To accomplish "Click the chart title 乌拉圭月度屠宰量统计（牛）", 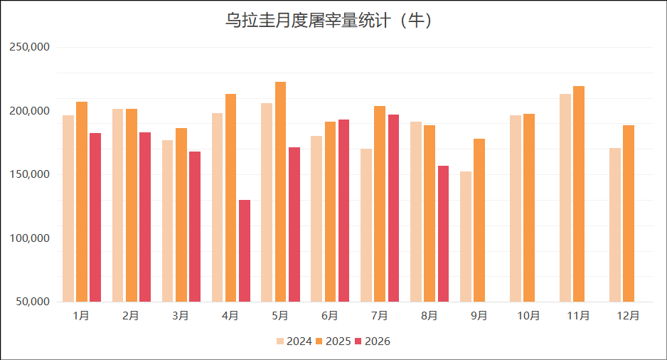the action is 329,21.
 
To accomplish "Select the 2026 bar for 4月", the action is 245,250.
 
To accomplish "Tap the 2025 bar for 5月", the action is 280,192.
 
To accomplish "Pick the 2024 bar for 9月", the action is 465,237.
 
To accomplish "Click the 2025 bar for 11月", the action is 579,194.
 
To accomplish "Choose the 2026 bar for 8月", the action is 443,233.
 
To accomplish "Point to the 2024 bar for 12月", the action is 614,225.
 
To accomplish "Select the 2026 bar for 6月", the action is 343,211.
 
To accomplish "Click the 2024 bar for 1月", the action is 68,208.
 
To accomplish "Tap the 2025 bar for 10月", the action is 529,208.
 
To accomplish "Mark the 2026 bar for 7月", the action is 393,208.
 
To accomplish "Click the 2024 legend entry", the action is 294,342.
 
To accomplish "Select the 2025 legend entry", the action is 333,342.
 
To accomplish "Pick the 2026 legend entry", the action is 373,342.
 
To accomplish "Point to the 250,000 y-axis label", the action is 29,47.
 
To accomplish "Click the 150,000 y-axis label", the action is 29,174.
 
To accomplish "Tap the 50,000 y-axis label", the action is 33,302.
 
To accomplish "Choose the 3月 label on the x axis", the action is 181,316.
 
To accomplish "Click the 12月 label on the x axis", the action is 629,316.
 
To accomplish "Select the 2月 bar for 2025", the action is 132,206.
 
